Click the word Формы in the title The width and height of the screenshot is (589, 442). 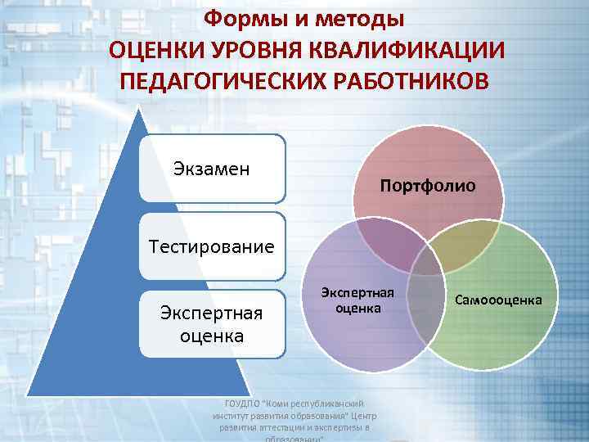pyautogui.click(x=238, y=17)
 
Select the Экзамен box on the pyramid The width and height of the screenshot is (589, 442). pyautogui.click(x=212, y=169)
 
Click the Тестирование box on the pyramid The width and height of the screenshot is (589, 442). pyautogui.click(x=212, y=246)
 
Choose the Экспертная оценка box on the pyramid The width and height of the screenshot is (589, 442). pyautogui.click(x=212, y=324)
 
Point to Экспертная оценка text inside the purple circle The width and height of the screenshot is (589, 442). pyautogui.click(x=357, y=300)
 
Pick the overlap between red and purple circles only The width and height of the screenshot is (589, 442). pyautogui.click(x=384, y=246)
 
